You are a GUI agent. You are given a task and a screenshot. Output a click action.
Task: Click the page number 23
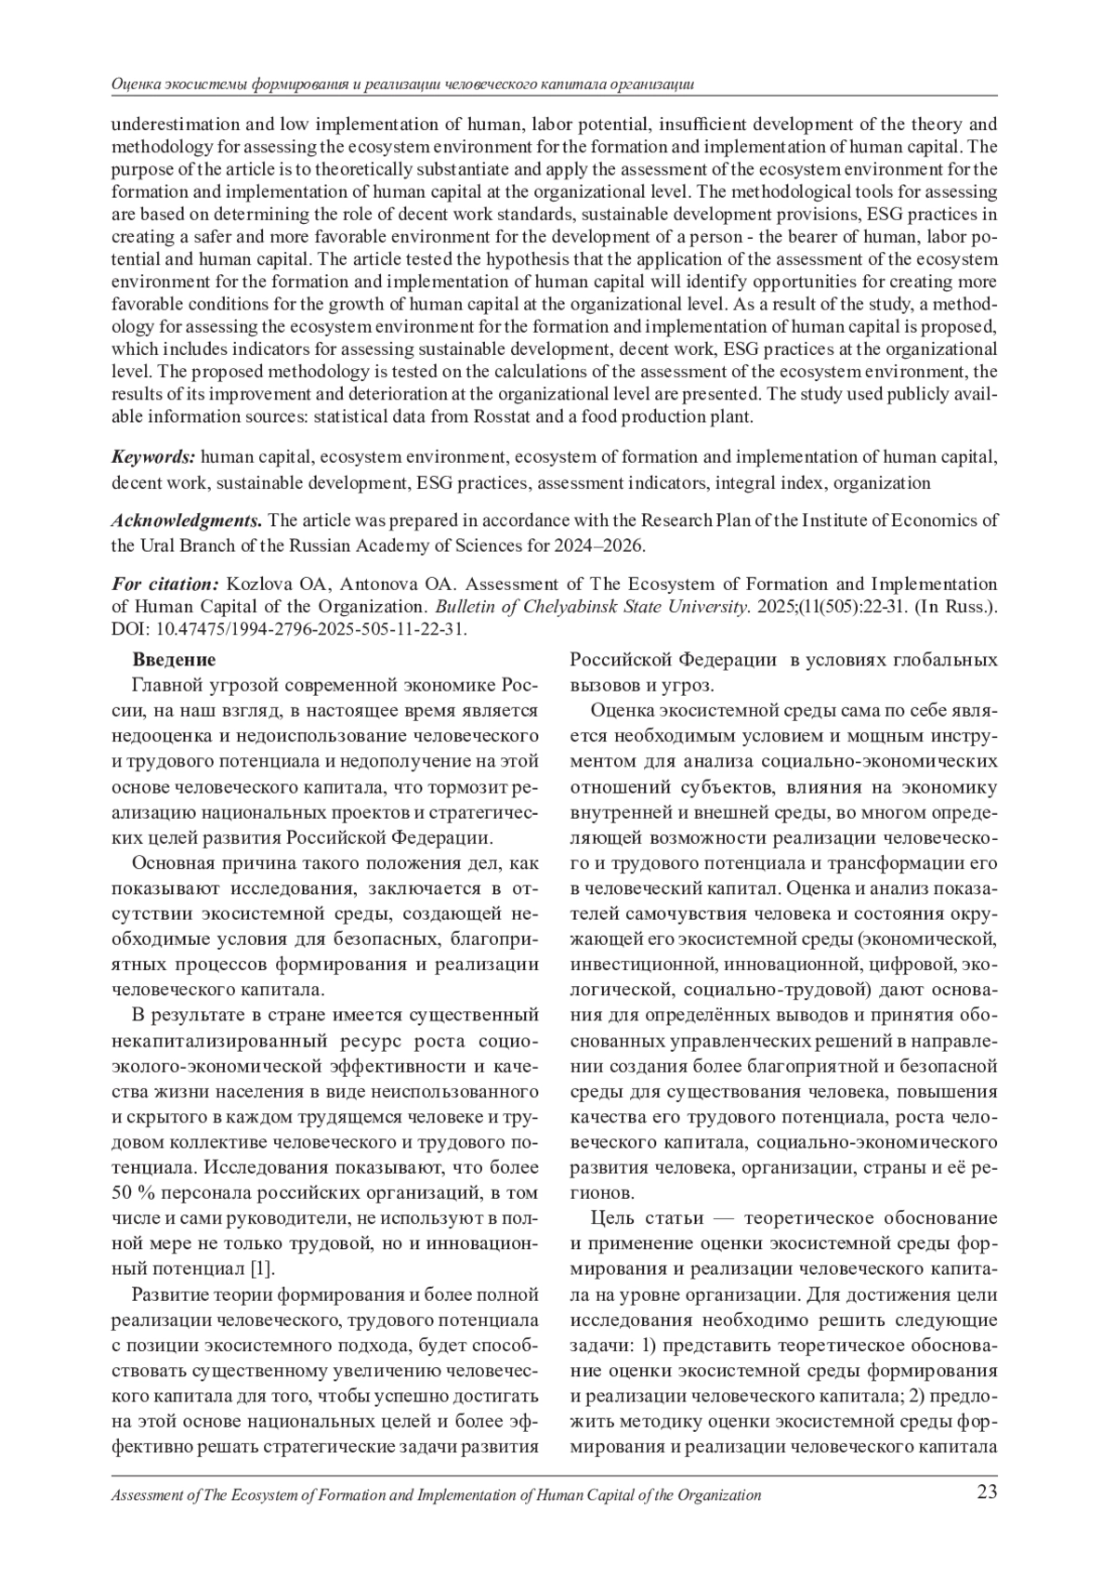tap(986, 1493)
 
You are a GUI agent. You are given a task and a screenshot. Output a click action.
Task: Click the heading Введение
tap(174, 660)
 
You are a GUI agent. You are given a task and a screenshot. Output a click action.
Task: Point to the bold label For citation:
tap(164, 584)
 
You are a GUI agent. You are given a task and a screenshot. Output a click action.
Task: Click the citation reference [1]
tap(263, 1268)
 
